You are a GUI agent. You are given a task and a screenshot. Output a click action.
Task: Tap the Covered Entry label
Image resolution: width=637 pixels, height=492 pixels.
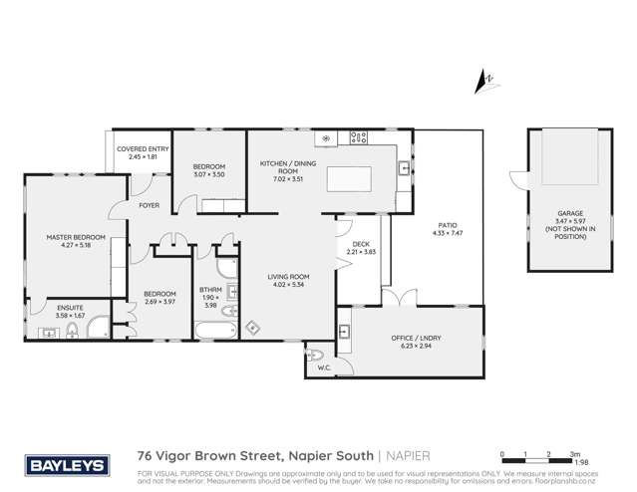(x=143, y=149)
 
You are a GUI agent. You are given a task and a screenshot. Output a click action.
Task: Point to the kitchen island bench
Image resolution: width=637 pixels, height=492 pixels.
(x=348, y=180)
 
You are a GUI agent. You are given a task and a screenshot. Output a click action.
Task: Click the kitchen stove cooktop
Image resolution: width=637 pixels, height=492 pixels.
(x=359, y=137)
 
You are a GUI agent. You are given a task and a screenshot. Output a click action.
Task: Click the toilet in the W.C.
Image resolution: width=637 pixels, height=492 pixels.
(x=317, y=356)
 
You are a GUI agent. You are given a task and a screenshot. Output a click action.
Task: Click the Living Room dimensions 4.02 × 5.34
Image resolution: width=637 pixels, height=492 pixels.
(x=287, y=285)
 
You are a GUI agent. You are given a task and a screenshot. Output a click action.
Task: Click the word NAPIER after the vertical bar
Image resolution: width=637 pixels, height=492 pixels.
(x=410, y=453)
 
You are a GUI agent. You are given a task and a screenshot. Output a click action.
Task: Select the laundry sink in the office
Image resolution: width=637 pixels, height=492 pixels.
(x=345, y=331)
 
